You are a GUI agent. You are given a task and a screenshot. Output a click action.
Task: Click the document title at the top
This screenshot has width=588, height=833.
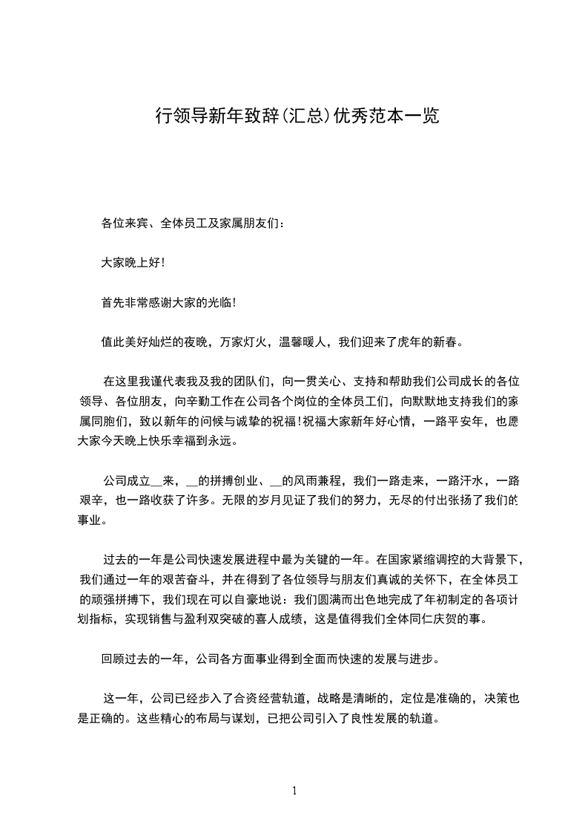coord(297,116)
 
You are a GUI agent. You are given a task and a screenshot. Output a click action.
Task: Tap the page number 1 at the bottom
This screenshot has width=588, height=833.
coord(294,791)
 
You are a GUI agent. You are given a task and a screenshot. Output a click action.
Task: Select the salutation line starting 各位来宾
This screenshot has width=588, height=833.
coord(191,222)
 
